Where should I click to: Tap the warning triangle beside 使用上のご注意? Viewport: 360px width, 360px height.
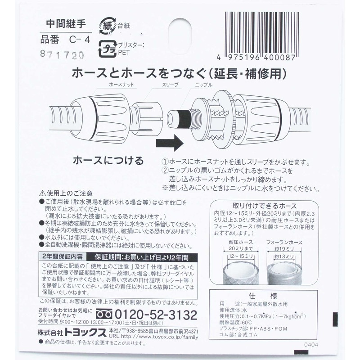point(43,192)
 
